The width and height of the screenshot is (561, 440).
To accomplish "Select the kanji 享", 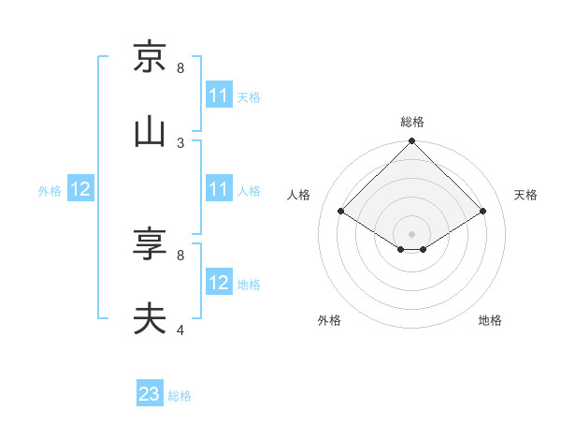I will [150, 244].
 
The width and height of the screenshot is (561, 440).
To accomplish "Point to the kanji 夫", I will [150, 318].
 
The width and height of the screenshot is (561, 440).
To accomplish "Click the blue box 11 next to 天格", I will [219, 95].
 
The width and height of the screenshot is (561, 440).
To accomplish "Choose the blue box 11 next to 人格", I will [219, 189].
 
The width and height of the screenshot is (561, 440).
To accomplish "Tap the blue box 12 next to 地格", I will [219, 283].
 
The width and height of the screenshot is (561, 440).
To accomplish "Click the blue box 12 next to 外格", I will [80, 189].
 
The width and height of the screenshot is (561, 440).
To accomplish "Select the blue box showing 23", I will [150, 394].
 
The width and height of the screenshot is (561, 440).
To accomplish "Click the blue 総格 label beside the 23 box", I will [180, 396].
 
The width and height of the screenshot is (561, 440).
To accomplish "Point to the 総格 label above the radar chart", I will [412, 122].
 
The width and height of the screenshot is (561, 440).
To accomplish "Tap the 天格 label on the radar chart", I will [525, 195].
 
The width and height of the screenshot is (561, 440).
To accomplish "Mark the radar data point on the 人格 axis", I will [341, 212].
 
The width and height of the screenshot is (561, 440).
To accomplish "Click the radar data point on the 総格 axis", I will [412, 142].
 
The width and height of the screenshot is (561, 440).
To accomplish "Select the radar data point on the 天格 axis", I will [483, 212].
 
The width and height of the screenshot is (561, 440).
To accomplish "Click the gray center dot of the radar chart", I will [412, 233].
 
